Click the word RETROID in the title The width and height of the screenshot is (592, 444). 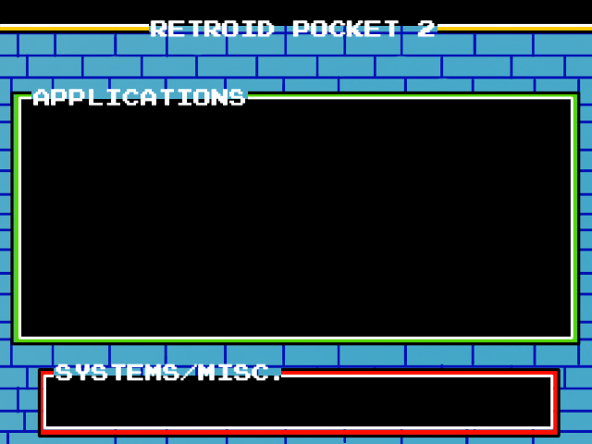click(x=212, y=29)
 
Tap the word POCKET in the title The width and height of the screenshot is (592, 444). click(x=345, y=29)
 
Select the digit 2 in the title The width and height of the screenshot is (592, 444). click(x=425, y=29)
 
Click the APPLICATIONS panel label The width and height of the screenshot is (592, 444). click(x=140, y=97)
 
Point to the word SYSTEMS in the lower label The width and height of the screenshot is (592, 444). click(x=117, y=373)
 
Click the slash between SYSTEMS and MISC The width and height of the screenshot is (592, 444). click(x=188, y=373)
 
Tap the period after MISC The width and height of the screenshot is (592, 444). click(x=277, y=376)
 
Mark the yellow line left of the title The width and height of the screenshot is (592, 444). click(x=75, y=28)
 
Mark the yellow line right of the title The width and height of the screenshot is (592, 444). click(x=514, y=28)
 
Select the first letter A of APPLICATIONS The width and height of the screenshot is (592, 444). click(x=42, y=97)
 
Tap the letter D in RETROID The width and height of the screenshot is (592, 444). click(x=265, y=29)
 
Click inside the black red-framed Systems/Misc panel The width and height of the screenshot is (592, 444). click(x=299, y=402)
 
